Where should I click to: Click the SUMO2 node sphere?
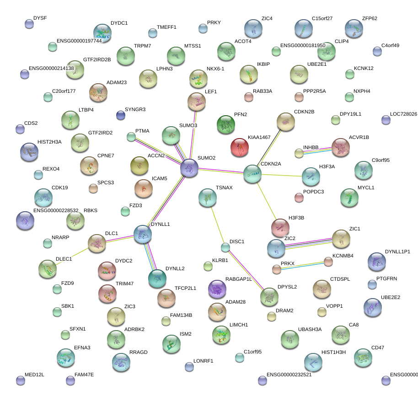click(189, 168)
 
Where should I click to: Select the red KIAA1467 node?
click(240, 147)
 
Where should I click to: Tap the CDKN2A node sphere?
click(252, 174)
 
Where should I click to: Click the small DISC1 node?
click(225, 248)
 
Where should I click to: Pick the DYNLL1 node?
click(143, 234)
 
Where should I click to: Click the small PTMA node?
click(131, 136)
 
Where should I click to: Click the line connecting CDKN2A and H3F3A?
click(281, 175)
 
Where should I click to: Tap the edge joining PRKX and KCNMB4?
click(302, 266)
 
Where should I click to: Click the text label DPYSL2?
click(287, 287)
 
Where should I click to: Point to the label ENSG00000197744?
click(79, 41)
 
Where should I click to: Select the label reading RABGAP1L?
click(239, 279)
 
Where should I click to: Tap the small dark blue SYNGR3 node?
click(121, 115)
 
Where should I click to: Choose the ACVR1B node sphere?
click(340, 147)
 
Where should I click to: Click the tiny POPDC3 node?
click(299, 198)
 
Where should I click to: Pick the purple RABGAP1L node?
click(217, 289)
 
